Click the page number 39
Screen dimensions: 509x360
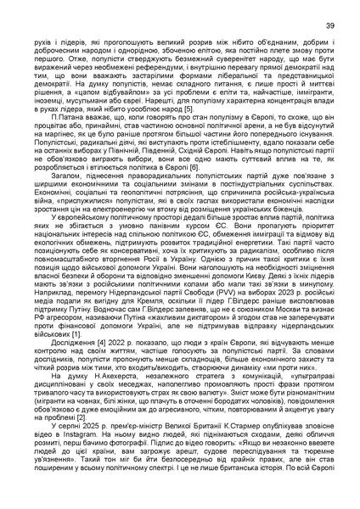pos(328,27)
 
